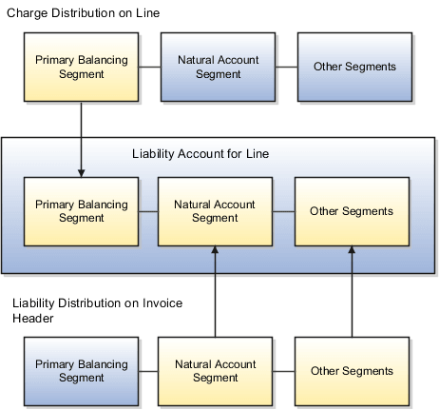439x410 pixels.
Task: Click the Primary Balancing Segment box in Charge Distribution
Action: point(81,67)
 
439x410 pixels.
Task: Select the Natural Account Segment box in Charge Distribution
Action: point(218,67)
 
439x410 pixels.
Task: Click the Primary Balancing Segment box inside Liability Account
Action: point(81,210)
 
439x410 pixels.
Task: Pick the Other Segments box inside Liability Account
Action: point(352,210)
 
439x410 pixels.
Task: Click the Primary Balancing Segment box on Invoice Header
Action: point(81,370)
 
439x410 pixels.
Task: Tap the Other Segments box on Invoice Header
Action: point(352,370)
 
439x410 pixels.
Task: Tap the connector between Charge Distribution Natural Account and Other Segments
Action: point(285,67)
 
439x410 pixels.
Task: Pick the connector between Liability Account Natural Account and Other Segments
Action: point(283,210)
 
